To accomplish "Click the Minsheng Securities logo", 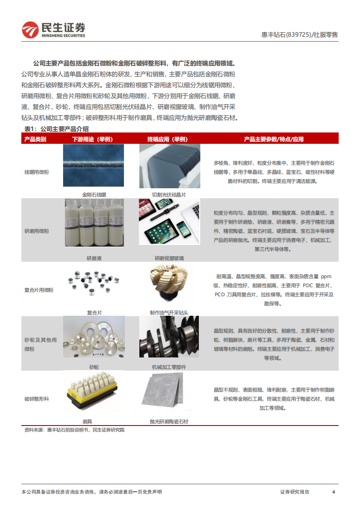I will click(54, 29).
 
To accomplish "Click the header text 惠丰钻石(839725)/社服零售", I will click(300, 34).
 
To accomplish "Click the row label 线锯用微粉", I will click(36, 172).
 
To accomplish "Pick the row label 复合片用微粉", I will click(39, 290).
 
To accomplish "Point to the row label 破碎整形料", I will click(36, 399).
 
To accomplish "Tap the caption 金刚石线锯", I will click(94, 195).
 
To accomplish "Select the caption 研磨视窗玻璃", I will click(169, 258).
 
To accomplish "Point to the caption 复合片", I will click(94, 313).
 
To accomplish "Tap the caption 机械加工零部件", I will click(168, 367).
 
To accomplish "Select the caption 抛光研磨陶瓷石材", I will click(168, 421).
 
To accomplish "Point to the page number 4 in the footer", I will click(334, 492).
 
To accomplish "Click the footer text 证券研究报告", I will click(295, 492).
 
